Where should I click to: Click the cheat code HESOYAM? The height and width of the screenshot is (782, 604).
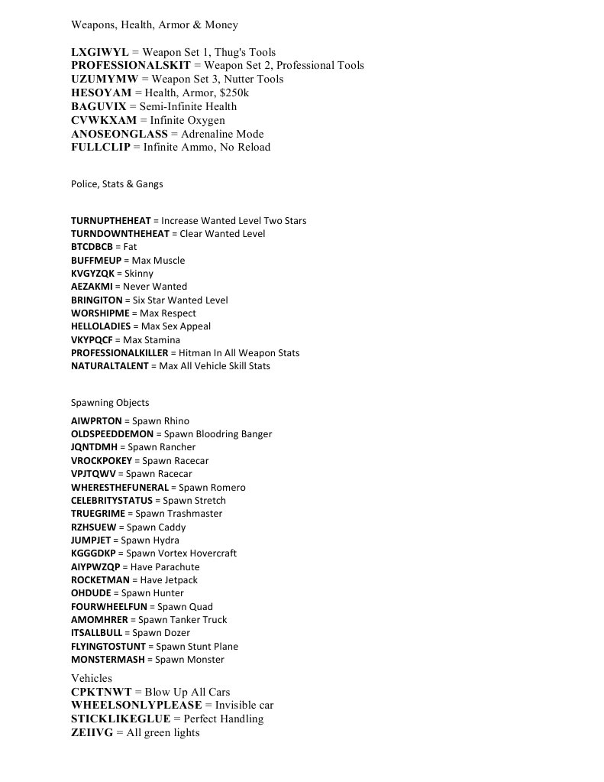point(101,92)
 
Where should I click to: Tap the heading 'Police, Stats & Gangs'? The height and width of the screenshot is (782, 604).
point(117,183)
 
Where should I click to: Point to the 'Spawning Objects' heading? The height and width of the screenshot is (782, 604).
point(110,403)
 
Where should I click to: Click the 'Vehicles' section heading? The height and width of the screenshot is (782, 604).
point(92,678)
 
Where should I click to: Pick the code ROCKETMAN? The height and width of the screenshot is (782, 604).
point(100,580)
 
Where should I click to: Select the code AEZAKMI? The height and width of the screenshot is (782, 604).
point(92,287)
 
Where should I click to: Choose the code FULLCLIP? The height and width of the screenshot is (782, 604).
point(101,148)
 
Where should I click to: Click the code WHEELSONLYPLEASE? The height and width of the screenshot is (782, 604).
point(137,706)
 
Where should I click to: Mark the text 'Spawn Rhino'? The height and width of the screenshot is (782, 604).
point(161,421)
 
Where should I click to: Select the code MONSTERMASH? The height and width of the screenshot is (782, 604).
point(105,660)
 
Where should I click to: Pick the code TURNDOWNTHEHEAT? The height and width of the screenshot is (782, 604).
point(120,234)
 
